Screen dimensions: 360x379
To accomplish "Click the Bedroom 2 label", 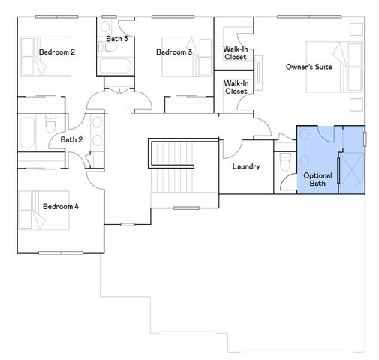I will (x=56, y=52).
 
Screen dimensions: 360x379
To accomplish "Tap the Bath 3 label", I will (x=116, y=38).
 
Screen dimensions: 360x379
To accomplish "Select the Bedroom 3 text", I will (x=174, y=52).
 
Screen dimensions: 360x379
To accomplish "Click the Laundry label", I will (x=246, y=166).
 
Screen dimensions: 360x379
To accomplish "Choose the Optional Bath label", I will (x=317, y=179).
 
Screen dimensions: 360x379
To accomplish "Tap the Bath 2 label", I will (x=71, y=139).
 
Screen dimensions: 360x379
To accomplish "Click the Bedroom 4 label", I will (x=60, y=206).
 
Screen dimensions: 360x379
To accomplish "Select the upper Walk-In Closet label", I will (x=236, y=52).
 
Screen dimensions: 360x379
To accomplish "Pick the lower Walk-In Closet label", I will (x=236, y=87).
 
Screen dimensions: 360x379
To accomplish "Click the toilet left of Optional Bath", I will (x=284, y=160).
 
